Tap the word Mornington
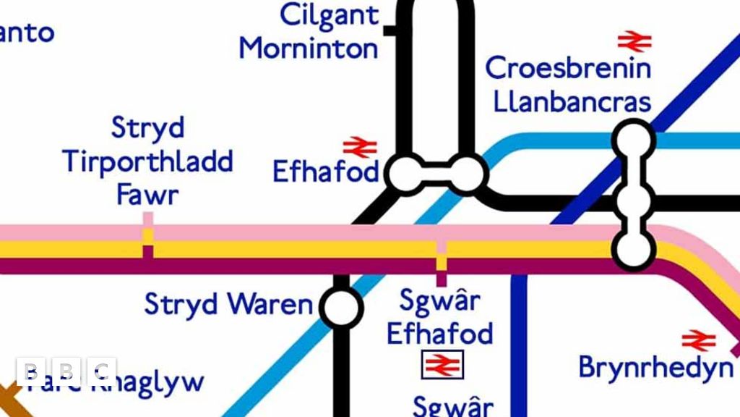[x=309, y=49]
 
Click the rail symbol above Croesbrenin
[x=634, y=40]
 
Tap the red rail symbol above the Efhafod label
[x=360, y=147]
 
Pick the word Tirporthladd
[x=148, y=161]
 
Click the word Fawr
[x=147, y=194]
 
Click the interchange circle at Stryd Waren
[x=340, y=308]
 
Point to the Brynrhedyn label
[x=656, y=367]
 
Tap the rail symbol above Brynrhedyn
[x=698, y=340]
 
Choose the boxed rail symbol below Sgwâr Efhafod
[x=442, y=363]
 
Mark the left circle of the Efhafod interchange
[x=405, y=174]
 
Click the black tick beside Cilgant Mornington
[x=390, y=30]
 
